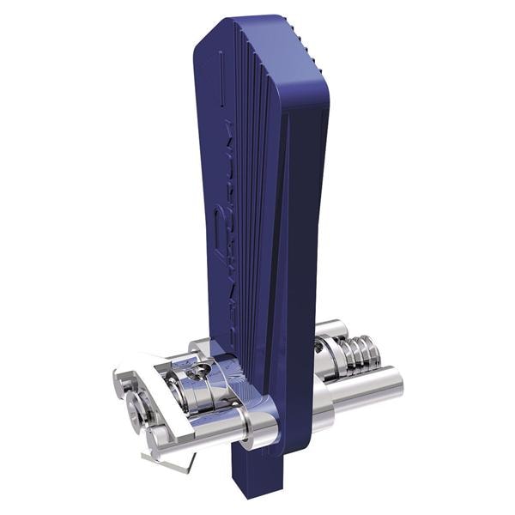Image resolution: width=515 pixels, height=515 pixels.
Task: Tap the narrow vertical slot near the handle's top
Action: [x=221, y=69]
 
